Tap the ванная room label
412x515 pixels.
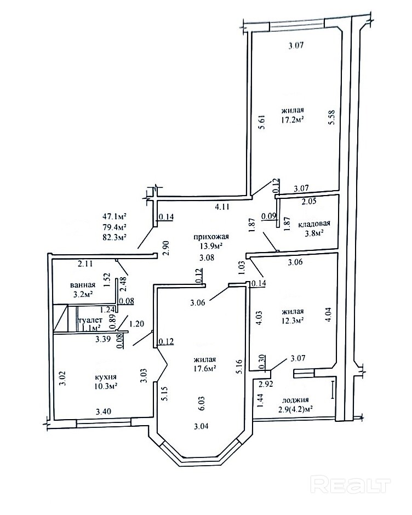tap(83, 285)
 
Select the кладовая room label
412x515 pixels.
tap(314, 224)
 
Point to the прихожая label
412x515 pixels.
tap(211, 237)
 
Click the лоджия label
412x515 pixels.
tap(295, 400)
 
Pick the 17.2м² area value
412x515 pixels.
tap(291, 119)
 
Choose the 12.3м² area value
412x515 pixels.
tap(292, 319)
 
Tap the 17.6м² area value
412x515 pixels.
tap(204, 368)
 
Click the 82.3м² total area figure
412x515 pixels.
tap(115, 237)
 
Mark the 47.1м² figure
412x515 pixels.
tap(115, 216)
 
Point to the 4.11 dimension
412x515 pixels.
tap(222, 207)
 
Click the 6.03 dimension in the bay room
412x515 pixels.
tap(202, 403)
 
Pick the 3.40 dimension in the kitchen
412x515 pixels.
tap(103, 411)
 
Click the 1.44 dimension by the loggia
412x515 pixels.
tap(260, 401)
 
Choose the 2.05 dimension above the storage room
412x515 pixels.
tap(309, 201)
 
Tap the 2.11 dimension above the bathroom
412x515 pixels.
tap(85, 264)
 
